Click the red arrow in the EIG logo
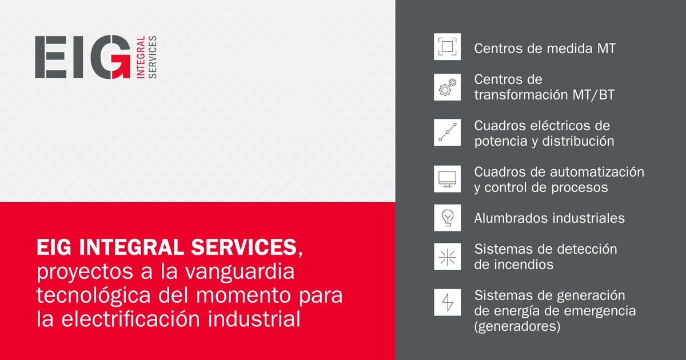(x=121, y=67)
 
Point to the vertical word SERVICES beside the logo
(x=152, y=57)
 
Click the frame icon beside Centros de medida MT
(x=447, y=47)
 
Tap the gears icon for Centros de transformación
(x=447, y=87)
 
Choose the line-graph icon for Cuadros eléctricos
(x=447, y=132)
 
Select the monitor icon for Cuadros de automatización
(x=447, y=179)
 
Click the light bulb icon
(x=447, y=217)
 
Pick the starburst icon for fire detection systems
(x=447, y=257)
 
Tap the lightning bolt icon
(x=447, y=302)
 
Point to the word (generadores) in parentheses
(x=516, y=327)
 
